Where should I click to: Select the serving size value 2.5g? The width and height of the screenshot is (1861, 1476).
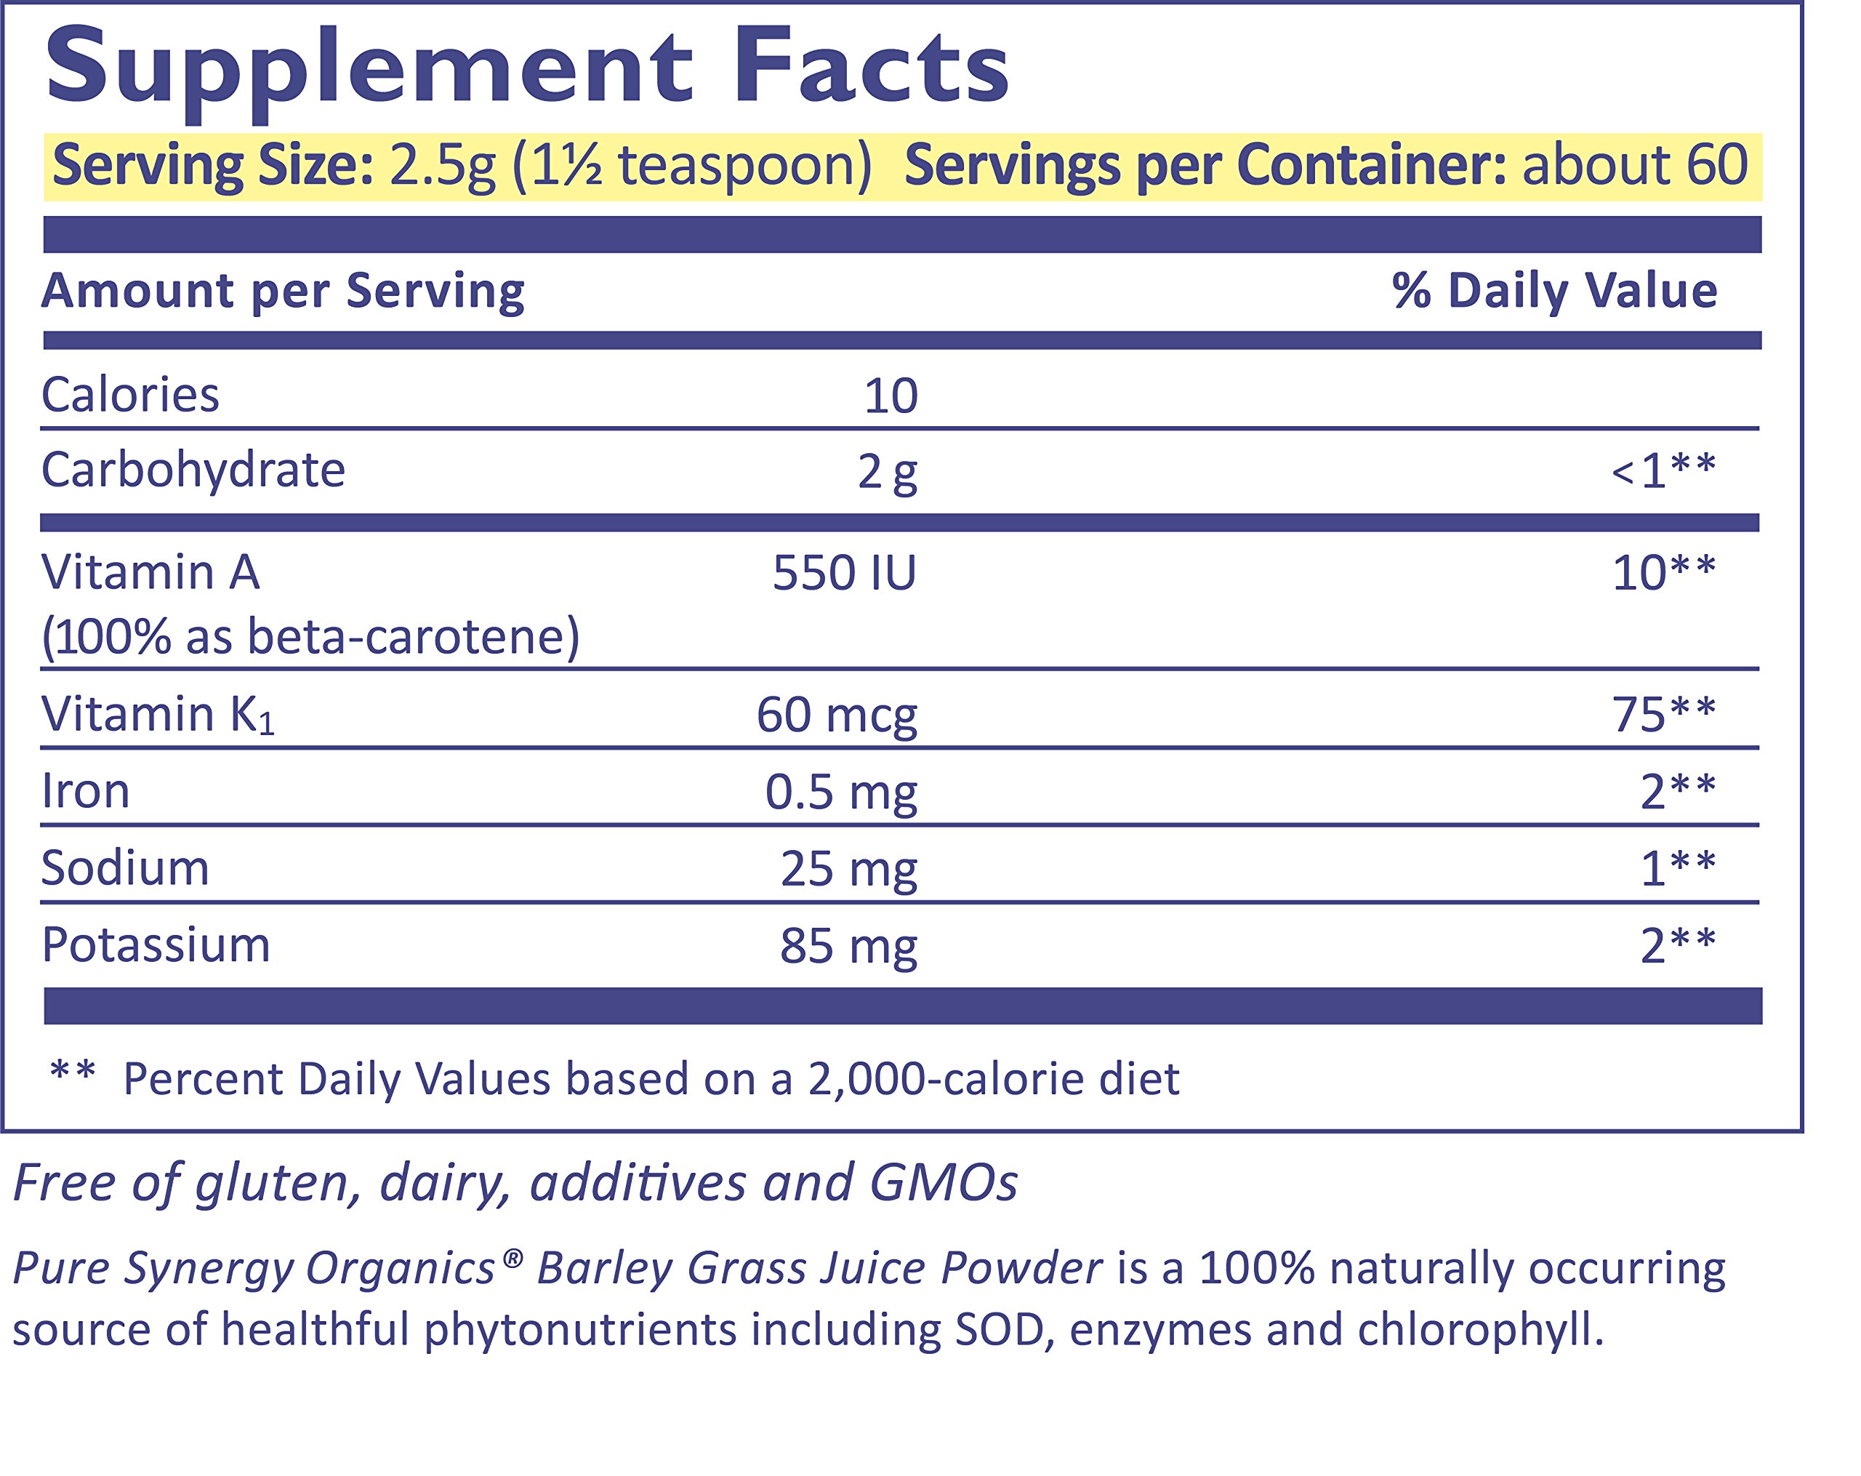(442, 166)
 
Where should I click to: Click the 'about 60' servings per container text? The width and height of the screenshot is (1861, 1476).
(1635, 166)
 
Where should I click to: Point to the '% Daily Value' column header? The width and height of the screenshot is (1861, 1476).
(1554, 291)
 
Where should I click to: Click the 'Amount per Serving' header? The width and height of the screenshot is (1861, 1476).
(283, 291)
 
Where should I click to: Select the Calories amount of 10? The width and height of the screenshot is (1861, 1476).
(891, 396)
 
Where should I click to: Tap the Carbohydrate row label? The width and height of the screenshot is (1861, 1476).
(193, 470)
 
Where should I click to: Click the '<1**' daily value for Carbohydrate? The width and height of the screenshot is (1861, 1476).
(1663, 471)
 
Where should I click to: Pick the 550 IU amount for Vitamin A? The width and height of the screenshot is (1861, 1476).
(844, 573)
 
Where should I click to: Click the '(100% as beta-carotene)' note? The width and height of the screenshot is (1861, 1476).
(310, 638)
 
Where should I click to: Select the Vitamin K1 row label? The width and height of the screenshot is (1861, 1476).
(158, 715)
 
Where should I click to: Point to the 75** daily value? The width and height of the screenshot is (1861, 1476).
(1663, 715)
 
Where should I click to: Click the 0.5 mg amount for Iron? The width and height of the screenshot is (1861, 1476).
(841, 793)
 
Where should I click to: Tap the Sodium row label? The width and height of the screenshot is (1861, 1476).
(125, 868)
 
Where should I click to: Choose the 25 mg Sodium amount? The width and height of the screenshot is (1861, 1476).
(848, 869)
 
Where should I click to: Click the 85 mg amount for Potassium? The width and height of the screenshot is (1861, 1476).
(848, 947)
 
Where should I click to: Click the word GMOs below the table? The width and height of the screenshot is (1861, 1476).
(944, 1182)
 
